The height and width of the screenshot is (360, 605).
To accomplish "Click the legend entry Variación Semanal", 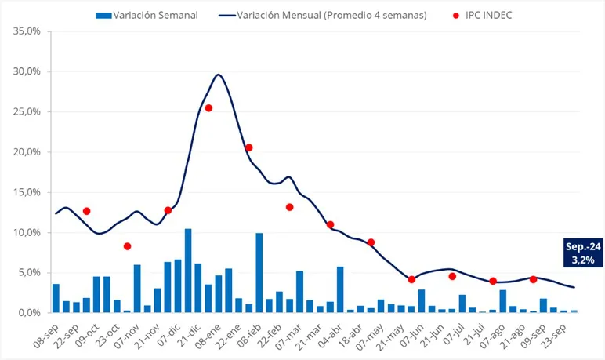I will point(146,15).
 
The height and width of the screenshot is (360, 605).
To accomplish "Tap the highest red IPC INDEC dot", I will point(208,108).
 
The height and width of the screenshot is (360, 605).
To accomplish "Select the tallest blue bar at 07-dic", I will point(188,271).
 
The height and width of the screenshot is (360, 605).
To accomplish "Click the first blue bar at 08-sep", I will point(56,298).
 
